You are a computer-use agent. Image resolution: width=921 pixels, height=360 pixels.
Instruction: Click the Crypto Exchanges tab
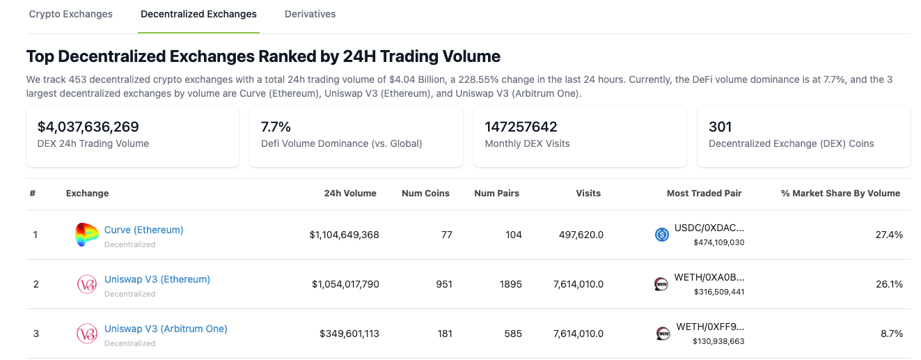tap(70, 14)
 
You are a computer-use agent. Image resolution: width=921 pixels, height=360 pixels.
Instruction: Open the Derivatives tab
tap(310, 14)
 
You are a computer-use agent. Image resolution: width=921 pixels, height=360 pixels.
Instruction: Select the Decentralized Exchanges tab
tap(198, 14)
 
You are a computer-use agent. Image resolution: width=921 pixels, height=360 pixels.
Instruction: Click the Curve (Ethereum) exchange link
tap(143, 230)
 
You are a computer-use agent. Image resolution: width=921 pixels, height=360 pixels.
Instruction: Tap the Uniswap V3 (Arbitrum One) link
tap(166, 329)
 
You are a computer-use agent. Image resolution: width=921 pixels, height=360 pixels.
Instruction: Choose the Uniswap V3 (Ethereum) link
tap(157, 279)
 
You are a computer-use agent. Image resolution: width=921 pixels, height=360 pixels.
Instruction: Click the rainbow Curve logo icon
tap(87, 235)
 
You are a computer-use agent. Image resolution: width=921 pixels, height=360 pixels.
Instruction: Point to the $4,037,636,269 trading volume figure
tap(88, 127)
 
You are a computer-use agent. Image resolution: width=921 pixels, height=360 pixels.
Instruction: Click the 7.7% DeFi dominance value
tap(276, 127)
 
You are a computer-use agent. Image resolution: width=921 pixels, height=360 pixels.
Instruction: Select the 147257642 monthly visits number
tap(521, 127)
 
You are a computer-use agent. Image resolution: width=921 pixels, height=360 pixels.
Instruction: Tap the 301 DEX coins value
tap(720, 127)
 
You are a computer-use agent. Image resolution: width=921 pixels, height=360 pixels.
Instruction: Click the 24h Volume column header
tap(349, 194)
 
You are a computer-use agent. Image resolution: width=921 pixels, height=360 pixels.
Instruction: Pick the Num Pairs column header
tap(496, 194)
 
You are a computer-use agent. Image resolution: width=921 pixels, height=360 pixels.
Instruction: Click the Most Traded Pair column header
tap(704, 194)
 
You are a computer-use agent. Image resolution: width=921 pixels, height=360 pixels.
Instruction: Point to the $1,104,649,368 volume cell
tap(344, 235)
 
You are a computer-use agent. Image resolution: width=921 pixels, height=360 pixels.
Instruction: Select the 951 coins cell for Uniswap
tap(443, 285)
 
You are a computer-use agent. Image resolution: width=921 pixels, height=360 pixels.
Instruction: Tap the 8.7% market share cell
tap(891, 334)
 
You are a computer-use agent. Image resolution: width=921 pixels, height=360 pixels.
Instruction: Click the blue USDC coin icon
tap(662, 235)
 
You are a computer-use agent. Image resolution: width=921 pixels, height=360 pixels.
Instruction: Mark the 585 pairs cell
tap(512, 334)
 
